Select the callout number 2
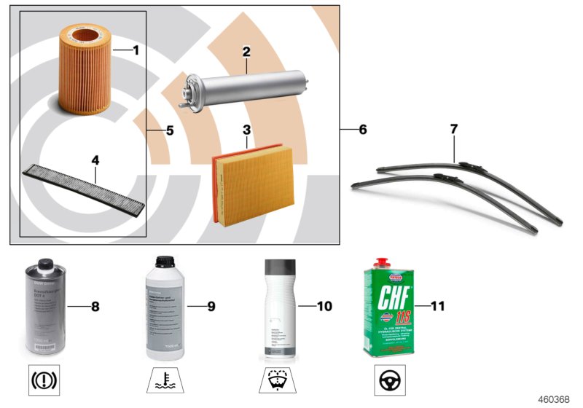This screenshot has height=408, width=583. click(x=246, y=52)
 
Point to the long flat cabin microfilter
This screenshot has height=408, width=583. click(x=87, y=182)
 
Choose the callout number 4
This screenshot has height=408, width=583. click(x=94, y=159)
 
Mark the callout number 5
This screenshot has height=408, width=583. click(x=170, y=131)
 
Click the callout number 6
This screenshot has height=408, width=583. click(x=362, y=130)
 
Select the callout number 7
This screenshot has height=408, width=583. click(x=453, y=129)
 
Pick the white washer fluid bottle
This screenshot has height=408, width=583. click(x=278, y=308)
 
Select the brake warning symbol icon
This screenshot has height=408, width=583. click(x=44, y=381)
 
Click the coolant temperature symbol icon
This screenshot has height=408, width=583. click(x=164, y=381)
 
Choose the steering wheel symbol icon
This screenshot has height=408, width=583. click(x=388, y=381)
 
